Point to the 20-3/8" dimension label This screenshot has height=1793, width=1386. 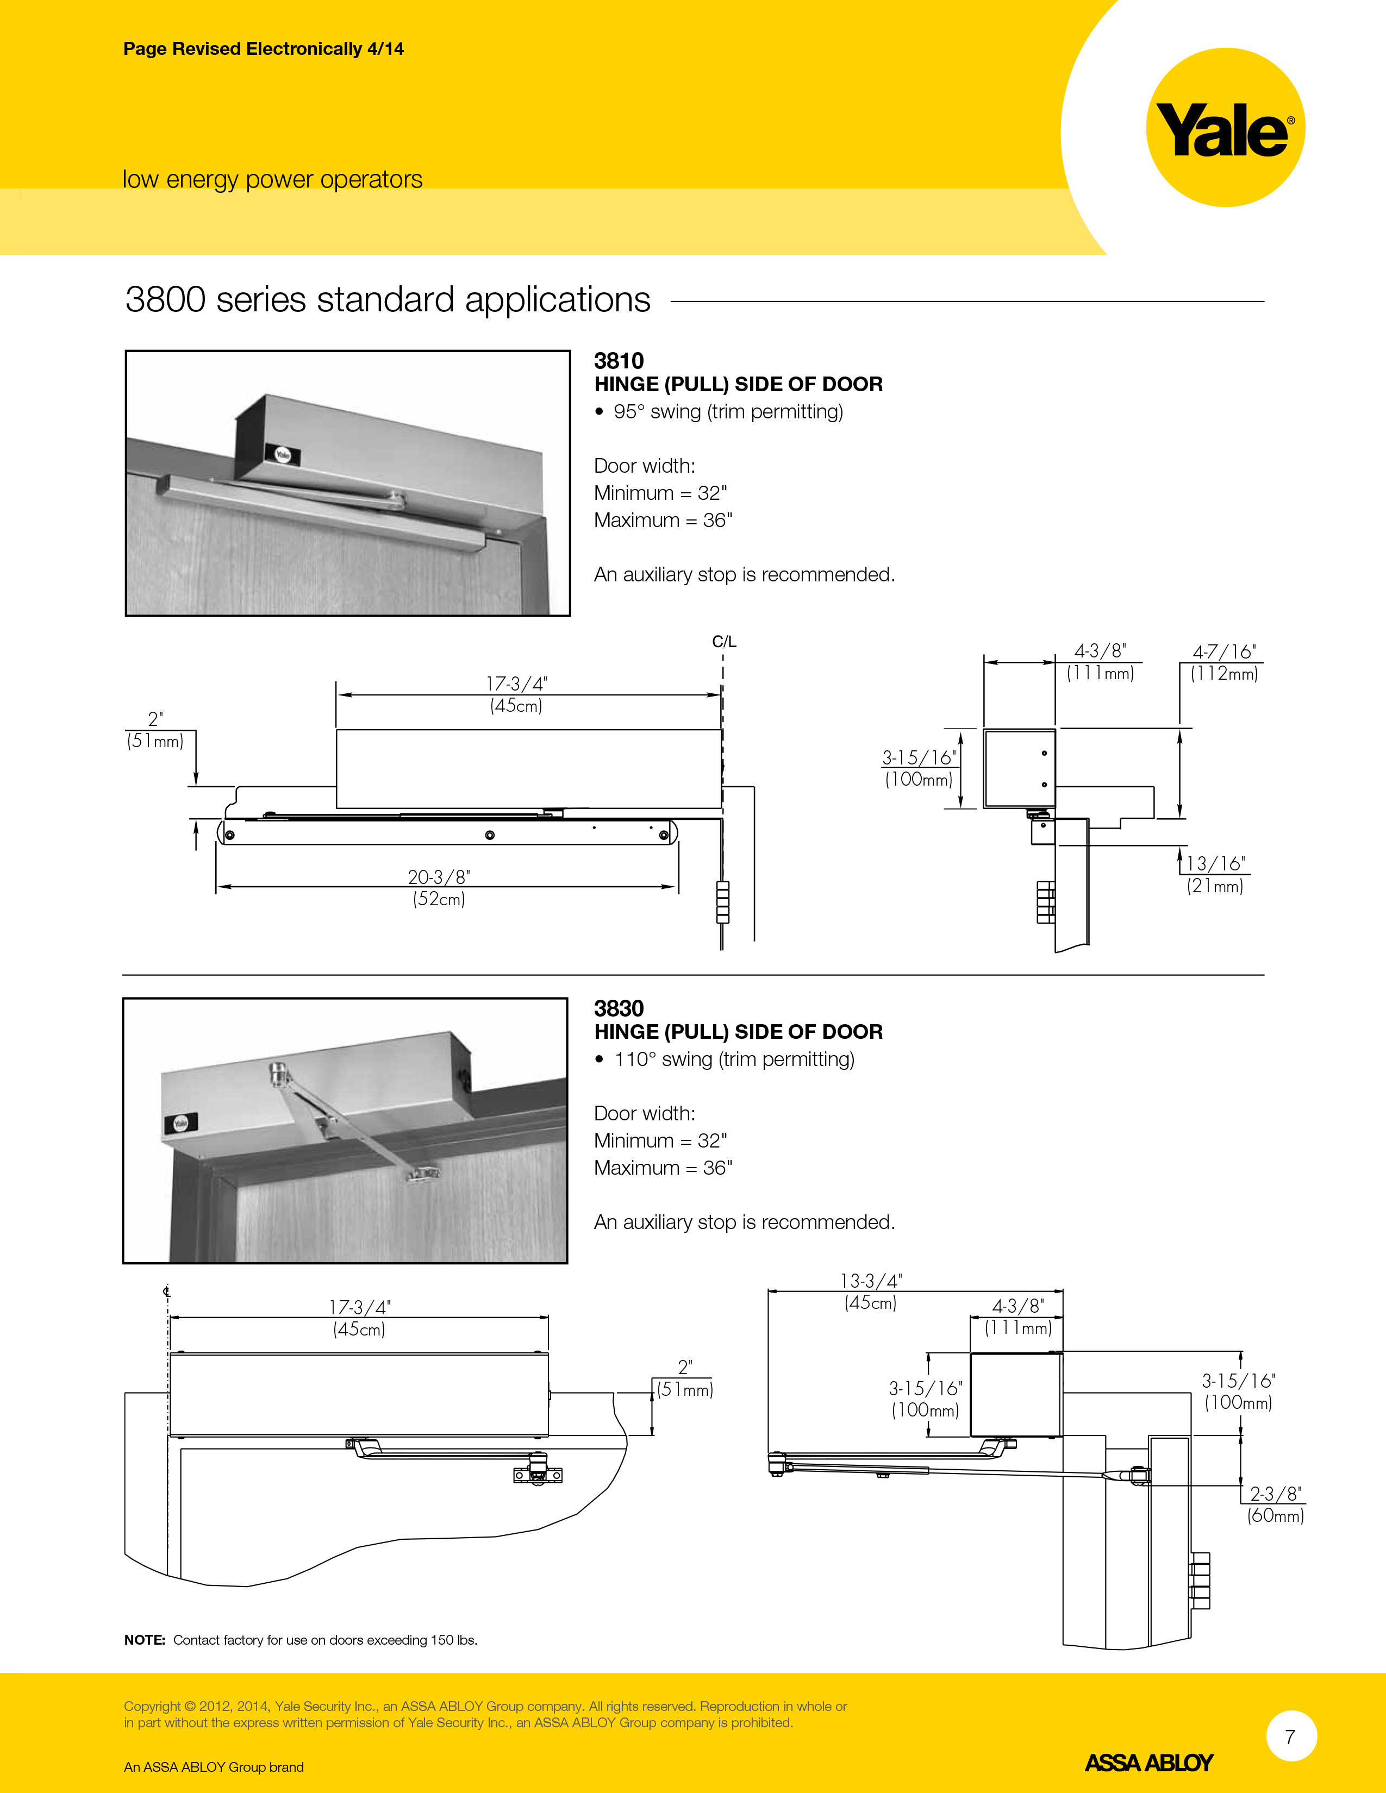coord(439,877)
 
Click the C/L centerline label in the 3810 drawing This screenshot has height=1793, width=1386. coord(724,641)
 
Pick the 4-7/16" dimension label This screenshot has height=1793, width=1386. coord(1224,652)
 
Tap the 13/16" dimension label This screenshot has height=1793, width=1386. coord(1216,864)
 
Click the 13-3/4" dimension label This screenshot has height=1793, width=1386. coord(870,1281)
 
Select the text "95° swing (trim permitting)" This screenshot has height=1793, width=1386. coord(728,411)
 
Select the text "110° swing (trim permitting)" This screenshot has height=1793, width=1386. coord(734,1059)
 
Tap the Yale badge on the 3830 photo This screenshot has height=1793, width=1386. coord(180,1123)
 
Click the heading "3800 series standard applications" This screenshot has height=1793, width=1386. coord(388,300)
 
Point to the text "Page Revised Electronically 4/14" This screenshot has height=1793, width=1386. coord(264,49)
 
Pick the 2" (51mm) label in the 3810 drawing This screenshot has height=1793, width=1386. coord(155,730)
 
